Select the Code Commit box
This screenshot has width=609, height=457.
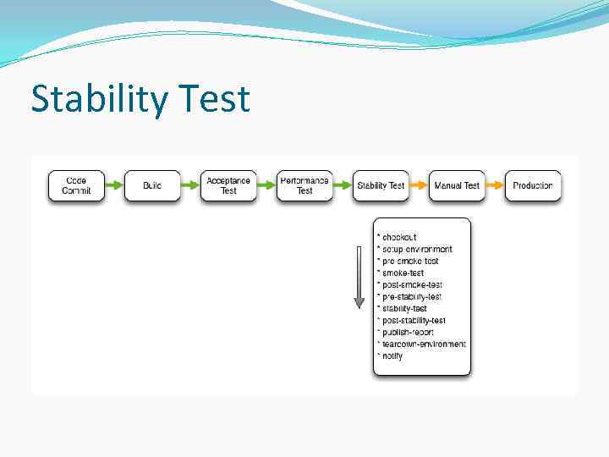[x=76, y=185]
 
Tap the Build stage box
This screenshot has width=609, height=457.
[x=152, y=185]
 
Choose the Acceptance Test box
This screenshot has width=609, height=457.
[x=228, y=185]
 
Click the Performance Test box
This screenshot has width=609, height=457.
[x=304, y=185]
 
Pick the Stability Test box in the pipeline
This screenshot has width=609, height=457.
[x=381, y=185]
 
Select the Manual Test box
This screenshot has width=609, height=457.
[x=457, y=185]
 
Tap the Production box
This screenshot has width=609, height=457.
[x=533, y=185]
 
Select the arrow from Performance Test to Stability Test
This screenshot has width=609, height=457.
[x=343, y=185]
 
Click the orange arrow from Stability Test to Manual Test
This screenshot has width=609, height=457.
[x=419, y=185]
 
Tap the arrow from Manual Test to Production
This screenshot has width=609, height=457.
[x=495, y=185]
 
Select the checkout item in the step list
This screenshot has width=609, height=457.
[x=399, y=237]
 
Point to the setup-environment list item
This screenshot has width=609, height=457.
[x=417, y=249]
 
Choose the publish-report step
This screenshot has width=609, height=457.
[x=408, y=333]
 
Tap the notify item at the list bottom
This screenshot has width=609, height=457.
[x=392, y=356]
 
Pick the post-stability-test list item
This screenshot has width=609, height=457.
[x=414, y=321]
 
